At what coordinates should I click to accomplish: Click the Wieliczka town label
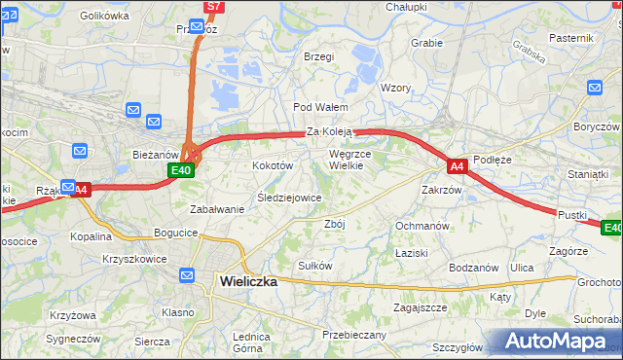click(x=242, y=281)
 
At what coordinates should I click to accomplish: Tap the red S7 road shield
click(x=214, y=7)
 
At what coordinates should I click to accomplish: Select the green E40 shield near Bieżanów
click(x=180, y=170)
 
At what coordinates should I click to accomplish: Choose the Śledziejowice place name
click(x=289, y=198)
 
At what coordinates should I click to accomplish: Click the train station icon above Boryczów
click(x=595, y=89)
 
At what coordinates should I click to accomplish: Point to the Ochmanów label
click(x=421, y=226)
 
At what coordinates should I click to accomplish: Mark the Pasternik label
click(x=570, y=37)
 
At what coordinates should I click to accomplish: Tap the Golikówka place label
click(x=104, y=16)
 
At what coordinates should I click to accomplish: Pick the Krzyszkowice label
click(x=134, y=260)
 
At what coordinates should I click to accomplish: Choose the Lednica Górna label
click(x=249, y=342)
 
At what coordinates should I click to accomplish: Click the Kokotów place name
click(x=273, y=165)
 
